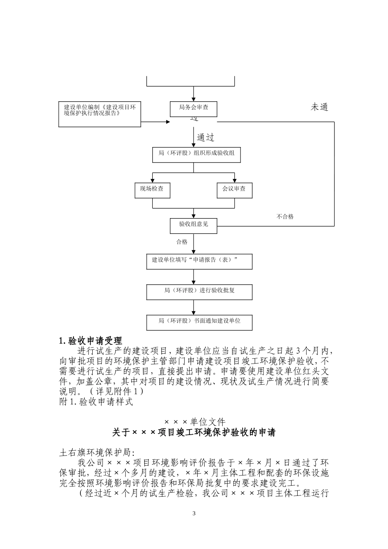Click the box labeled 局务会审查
click(193, 108)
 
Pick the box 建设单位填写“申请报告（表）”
click(199, 261)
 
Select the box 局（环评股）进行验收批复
click(199, 292)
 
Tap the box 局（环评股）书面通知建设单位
click(199, 322)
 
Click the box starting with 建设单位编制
click(100, 114)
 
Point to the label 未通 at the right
click(319, 107)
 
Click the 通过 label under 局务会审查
click(205, 138)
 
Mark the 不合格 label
click(285, 217)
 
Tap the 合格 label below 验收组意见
click(182, 242)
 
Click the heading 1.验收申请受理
click(91, 341)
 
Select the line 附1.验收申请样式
click(96, 402)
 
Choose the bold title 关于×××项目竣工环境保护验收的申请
click(194, 433)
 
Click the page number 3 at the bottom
click(194, 513)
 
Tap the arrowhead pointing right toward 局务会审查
click(167, 122)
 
